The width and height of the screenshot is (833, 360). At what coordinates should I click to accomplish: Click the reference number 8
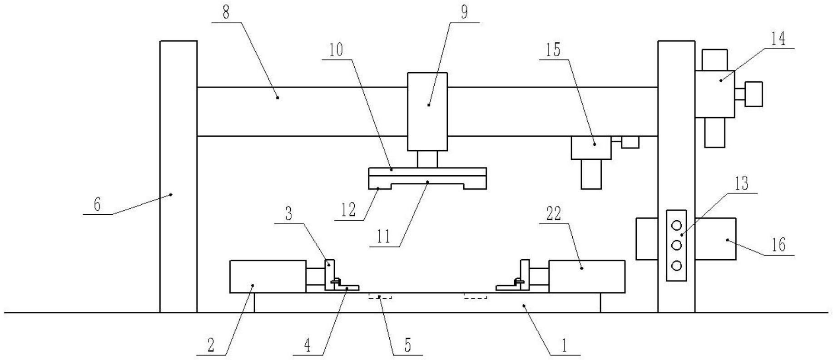point(226,12)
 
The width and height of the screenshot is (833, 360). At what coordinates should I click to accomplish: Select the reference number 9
point(464,12)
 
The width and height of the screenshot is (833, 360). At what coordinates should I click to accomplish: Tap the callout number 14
point(778,39)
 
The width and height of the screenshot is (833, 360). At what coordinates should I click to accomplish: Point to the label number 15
point(553,50)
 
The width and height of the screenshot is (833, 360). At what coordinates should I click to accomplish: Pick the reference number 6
point(97,205)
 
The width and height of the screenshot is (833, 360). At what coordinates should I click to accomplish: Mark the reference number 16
point(778,245)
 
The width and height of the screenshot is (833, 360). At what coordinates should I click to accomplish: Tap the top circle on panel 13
point(676,225)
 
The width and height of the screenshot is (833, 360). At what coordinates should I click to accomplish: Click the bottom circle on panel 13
point(676,266)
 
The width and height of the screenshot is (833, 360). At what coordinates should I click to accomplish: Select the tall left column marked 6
point(178,177)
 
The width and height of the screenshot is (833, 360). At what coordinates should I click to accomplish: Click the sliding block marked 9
point(427,111)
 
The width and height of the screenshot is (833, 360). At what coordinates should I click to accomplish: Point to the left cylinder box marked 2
point(268,276)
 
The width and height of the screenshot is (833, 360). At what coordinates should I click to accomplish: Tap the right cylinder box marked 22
point(586,276)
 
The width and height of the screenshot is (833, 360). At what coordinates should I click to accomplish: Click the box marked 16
point(715,239)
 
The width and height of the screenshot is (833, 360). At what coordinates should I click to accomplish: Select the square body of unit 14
point(714,94)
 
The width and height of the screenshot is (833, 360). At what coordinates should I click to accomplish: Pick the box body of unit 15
point(591,148)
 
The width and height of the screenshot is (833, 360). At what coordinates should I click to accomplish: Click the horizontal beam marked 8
point(300,111)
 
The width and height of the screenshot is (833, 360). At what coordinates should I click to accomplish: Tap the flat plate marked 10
point(427,171)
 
